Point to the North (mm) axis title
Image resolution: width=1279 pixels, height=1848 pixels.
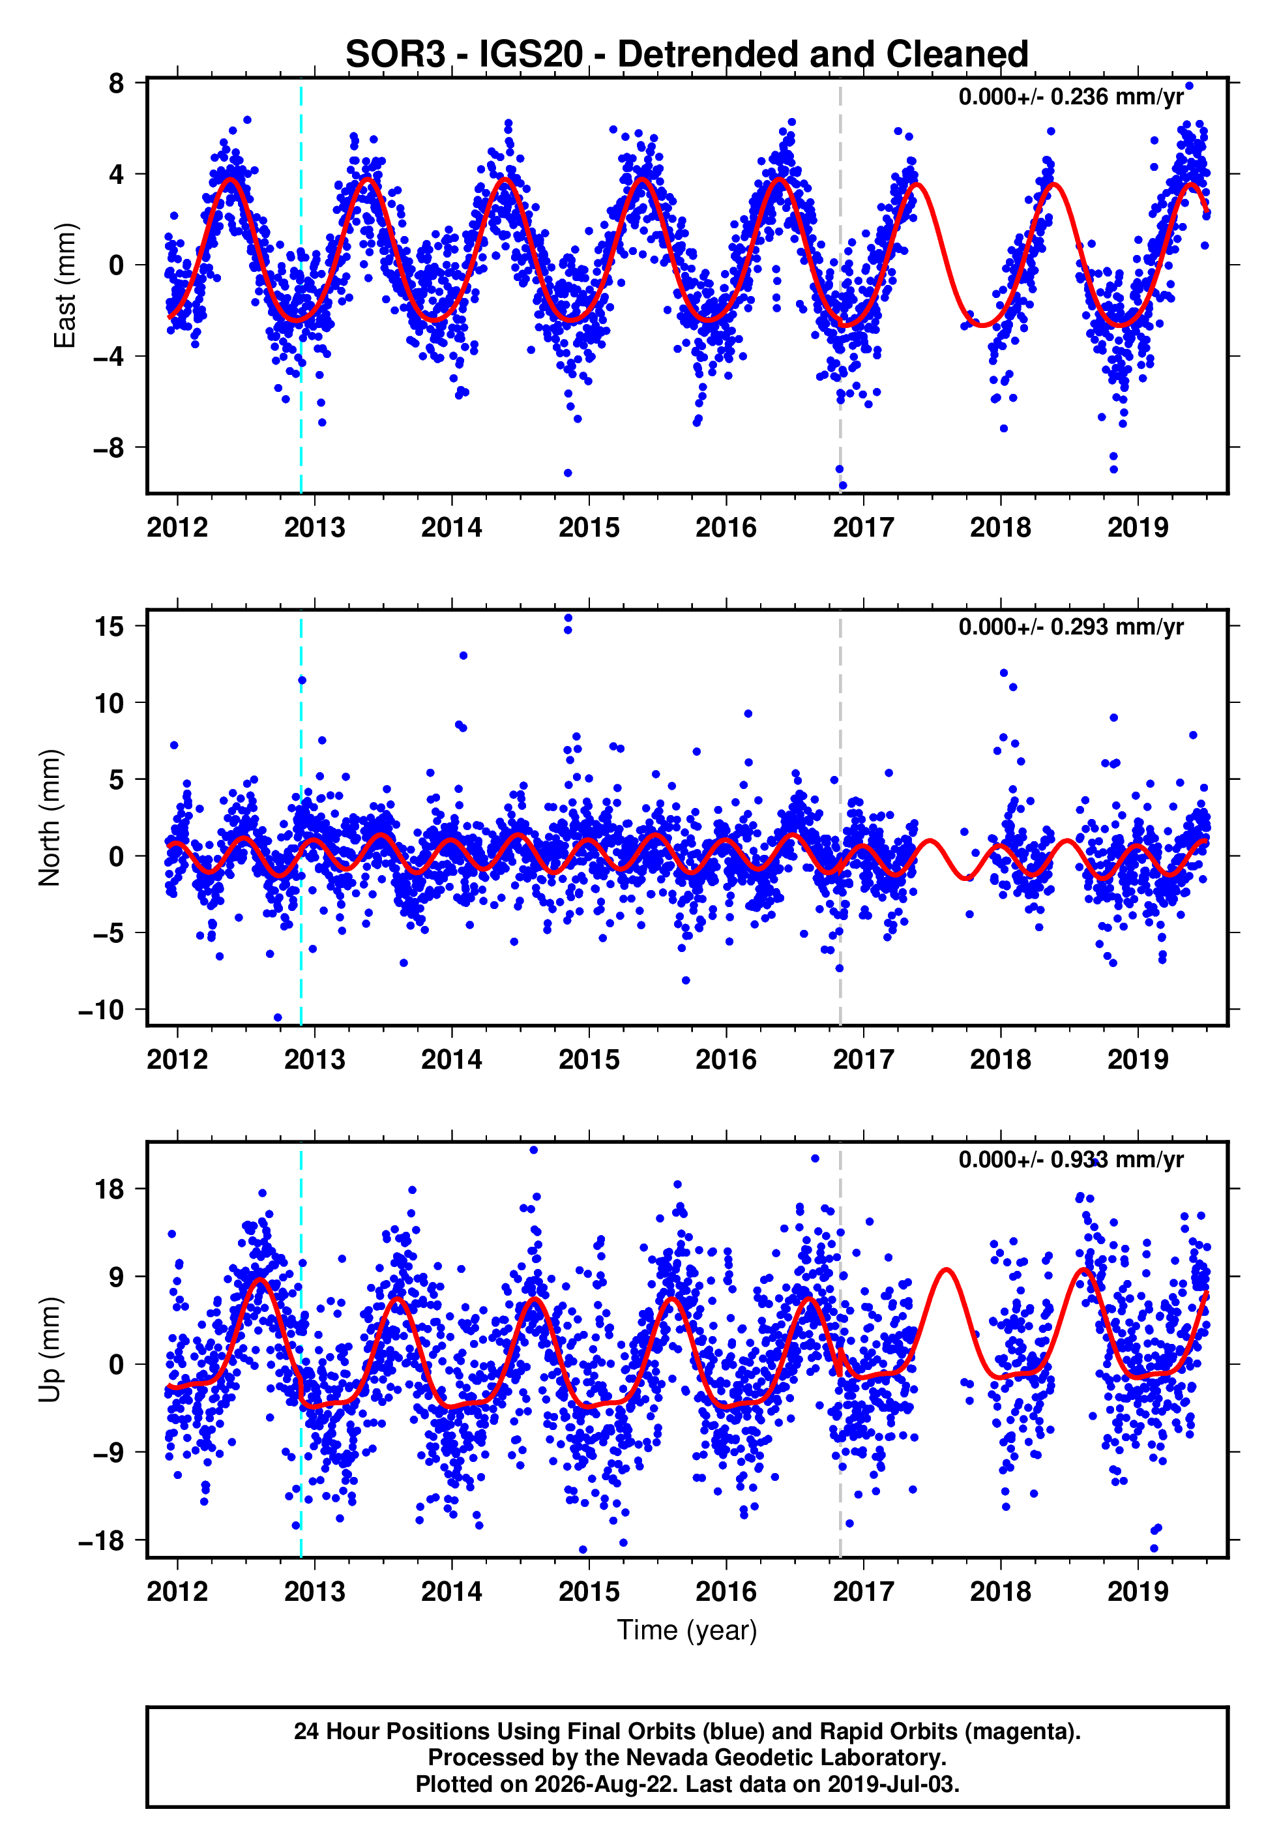click(50, 818)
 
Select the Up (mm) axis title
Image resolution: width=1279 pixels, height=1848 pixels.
click(50, 1350)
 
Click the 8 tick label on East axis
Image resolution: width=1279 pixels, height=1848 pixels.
click(117, 83)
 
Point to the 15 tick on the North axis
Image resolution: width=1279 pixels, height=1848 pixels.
click(109, 626)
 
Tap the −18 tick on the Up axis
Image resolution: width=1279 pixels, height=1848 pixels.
click(102, 1540)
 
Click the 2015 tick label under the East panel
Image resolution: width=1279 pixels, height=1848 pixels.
click(589, 528)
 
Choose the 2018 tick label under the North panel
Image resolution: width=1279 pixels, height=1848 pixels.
click(1000, 1060)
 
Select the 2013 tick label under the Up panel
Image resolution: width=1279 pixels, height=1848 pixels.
click(314, 1592)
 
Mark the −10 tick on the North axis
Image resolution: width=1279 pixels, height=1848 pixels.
click(102, 1009)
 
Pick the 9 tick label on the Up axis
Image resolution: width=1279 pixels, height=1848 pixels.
click(117, 1277)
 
